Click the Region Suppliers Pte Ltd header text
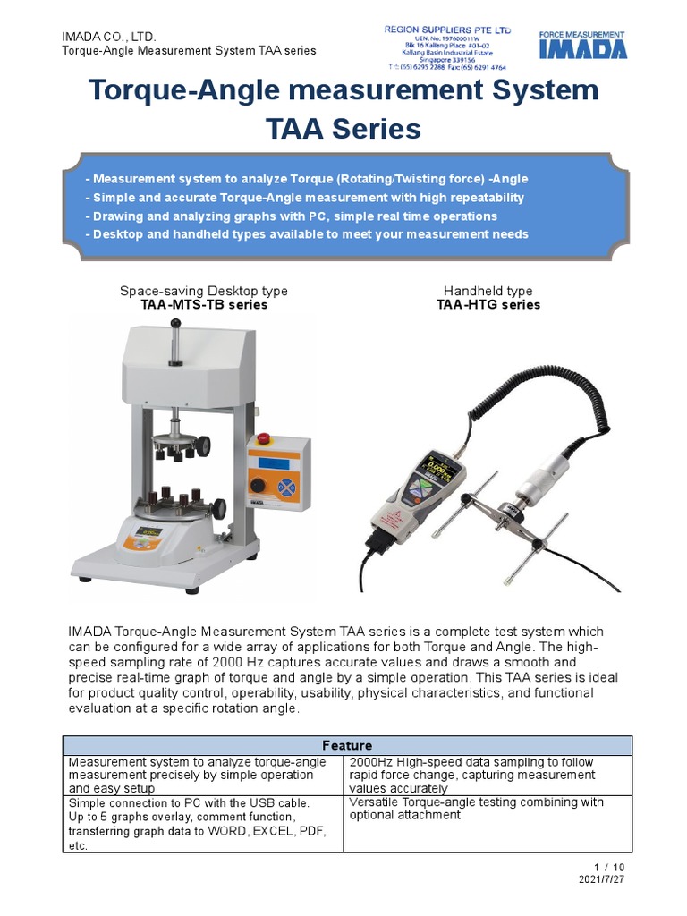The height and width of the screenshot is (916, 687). pos(446,30)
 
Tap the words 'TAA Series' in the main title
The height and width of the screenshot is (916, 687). pos(343,129)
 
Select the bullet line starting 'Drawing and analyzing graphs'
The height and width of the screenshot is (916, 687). pos(291,216)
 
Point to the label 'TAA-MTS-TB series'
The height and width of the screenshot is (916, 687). pos(204,304)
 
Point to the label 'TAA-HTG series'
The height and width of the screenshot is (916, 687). pos(488,304)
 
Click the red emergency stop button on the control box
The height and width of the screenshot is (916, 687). pos(263,438)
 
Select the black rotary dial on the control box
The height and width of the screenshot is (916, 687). pos(259,485)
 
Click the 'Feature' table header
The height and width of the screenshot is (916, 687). pos(347,745)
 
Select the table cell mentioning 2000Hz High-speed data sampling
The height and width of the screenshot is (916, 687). pos(488,775)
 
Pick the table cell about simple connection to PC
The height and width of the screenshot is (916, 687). pos(203,824)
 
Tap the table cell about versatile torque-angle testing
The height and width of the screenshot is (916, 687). pos(488,809)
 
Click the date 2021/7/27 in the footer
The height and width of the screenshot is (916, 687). pos(602,879)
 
